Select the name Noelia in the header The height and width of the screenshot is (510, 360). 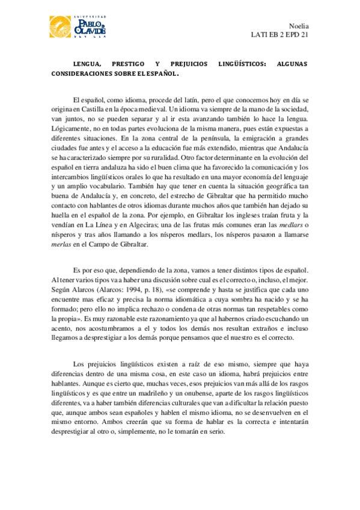299,26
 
